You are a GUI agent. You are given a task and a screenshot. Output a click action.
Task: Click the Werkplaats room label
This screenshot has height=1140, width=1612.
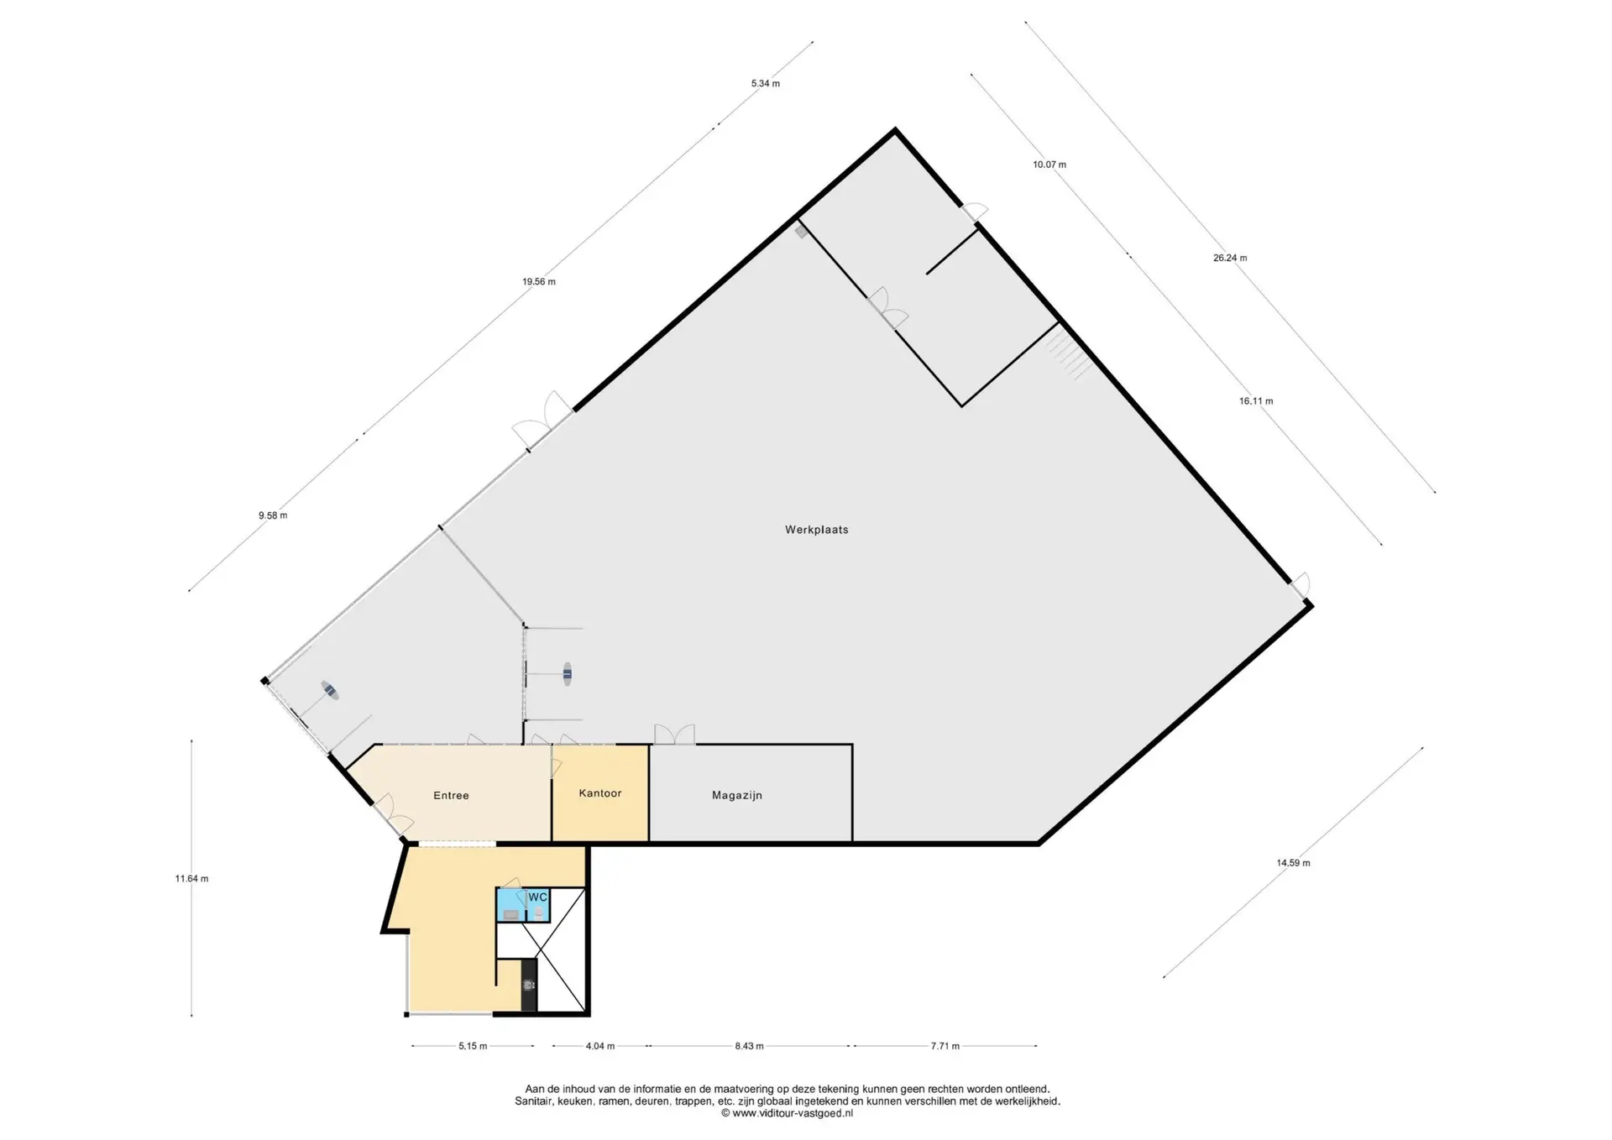pyautogui.click(x=816, y=530)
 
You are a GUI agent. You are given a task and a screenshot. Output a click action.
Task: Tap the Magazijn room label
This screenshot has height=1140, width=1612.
pyautogui.click(x=737, y=795)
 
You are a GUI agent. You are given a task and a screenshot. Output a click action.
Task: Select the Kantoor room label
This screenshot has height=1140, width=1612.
pyautogui.click(x=600, y=792)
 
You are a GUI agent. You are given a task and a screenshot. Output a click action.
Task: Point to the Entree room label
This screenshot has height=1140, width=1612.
pyautogui.click(x=451, y=795)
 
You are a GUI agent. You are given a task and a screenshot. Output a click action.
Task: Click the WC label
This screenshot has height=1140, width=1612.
pyautogui.click(x=537, y=897)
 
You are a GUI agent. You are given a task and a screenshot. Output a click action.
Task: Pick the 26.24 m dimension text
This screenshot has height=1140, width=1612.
pyautogui.click(x=1230, y=258)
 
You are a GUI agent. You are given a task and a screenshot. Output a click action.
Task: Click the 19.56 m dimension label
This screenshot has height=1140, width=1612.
pyautogui.click(x=539, y=282)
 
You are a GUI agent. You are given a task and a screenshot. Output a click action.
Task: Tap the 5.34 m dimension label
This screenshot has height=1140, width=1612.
pyautogui.click(x=765, y=83)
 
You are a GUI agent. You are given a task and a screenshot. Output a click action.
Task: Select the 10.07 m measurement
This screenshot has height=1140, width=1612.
pyautogui.click(x=1049, y=165)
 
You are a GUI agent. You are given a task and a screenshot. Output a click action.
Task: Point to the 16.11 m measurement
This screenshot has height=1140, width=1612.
pyautogui.click(x=1256, y=401)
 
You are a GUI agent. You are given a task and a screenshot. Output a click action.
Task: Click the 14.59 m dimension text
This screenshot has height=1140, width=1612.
pyautogui.click(x=1293, y=863)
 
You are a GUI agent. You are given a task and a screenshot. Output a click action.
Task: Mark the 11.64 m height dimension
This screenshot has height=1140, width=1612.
pyautogui.click(x=191, y=879)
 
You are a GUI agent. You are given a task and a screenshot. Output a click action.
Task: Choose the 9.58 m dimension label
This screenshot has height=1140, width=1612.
pyautogui.click(x=273, y=515)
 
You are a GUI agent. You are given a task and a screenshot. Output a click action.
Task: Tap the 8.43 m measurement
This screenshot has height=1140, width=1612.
pyautogui.click(x=749, y=1046)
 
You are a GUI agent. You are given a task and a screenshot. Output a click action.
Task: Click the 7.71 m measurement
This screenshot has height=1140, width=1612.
pyautogui.click(x=945, y=1046)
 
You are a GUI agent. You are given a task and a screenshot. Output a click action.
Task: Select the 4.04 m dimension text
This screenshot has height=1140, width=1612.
pyautogui.click(x=599, y=1046)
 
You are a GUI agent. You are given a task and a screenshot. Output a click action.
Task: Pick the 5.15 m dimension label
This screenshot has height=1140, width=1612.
pyautogui.click(x=473, y=1046)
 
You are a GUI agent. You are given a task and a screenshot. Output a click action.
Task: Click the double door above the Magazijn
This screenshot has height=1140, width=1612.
pyautogui.click(x=674, y=735)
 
